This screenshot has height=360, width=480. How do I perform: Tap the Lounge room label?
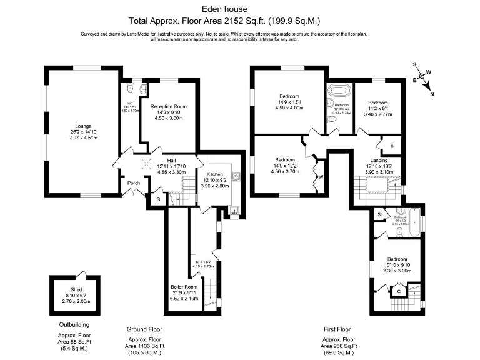click(83, 125)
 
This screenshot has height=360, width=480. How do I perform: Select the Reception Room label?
click(169, 107)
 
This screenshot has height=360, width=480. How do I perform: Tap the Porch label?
click(134, 183)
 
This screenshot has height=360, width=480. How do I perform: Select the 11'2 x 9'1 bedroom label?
click(378, 102)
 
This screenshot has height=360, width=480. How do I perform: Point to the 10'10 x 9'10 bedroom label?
click(396, 259)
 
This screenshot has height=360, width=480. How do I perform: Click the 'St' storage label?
click(379, 215)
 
